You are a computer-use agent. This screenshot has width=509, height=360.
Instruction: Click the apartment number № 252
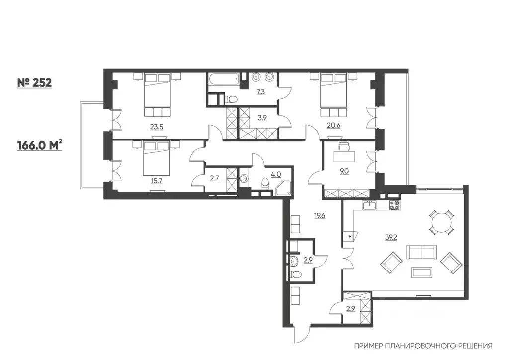click(34, 83)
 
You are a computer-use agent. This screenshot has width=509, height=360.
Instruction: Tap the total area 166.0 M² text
click(40, 145)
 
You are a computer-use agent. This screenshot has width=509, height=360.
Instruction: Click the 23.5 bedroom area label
click(157, 127)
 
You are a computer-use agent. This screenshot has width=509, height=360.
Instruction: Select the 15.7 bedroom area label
click(157, 181)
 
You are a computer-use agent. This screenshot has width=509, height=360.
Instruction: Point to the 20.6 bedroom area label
click(334, 125)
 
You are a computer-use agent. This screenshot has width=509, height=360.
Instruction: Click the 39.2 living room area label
click(391, 237)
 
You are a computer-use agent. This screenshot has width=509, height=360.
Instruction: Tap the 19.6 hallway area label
click(320, 215)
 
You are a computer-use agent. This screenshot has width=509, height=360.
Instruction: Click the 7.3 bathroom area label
click(261, 92)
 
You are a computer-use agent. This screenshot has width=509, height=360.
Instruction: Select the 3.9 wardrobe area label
click(262, 118)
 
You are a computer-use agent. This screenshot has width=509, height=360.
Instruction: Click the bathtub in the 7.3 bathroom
click(224, 79)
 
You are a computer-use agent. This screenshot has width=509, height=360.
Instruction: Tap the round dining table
click(441, 223)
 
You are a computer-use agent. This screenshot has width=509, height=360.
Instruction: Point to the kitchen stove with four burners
click(394, 205)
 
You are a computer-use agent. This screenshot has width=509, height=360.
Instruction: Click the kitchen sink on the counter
click(369, 205)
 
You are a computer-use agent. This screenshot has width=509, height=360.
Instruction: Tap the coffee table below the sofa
click(422, 272)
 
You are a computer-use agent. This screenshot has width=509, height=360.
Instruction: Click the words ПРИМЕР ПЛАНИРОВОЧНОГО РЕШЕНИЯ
click(424, 346)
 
